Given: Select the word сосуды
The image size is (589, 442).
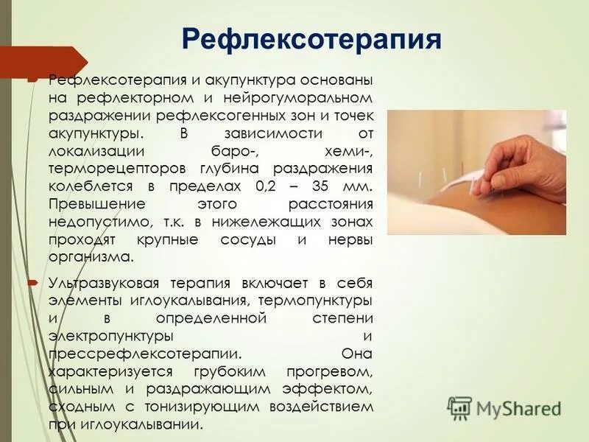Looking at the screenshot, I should coord(250,239).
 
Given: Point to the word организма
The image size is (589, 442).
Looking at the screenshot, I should coord(90,257).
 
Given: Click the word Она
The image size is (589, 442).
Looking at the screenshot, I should coord(358,354).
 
